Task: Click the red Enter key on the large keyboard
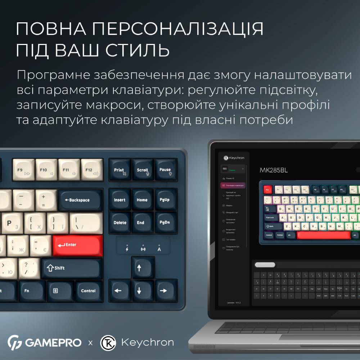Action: [x=78, y=245]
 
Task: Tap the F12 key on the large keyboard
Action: [x=92, y=170]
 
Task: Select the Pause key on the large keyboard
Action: [x=165, y=170]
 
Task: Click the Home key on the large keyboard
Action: [x=142, y=200]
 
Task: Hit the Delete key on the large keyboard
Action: [x=120, y=222]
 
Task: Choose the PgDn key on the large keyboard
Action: [x=165, y=222]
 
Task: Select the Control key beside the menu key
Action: [x=88, y=291]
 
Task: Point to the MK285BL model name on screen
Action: [x=274, y=170]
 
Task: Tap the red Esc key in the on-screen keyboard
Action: [x=267, y=189]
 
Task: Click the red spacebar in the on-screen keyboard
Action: [x=324, y=235]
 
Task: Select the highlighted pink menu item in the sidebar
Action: [x=233, y=186]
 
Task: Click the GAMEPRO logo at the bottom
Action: [x=45, y=342]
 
